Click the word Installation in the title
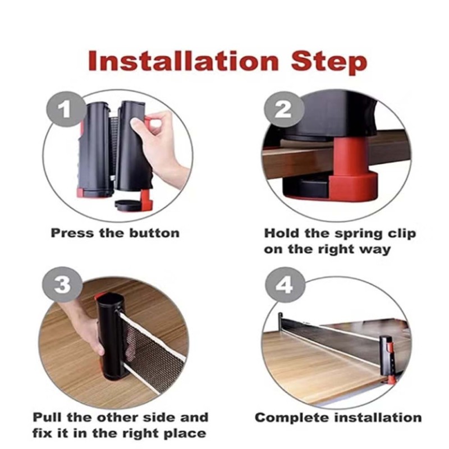184,61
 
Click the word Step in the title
329,62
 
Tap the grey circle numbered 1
66,109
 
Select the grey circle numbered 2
284,109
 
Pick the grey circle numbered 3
63,285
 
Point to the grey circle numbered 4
285,285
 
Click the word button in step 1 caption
154,233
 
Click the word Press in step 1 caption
72,233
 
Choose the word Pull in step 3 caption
48,417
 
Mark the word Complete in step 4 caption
292,418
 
